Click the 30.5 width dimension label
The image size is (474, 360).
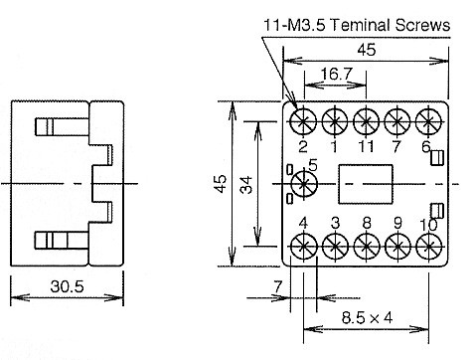[x=68, y=286]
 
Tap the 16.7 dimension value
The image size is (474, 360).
[x=336, y=74]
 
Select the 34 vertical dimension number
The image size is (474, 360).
[x=246, y=185]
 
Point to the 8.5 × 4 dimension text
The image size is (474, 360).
[x=367, y=318]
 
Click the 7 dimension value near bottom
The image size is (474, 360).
[x=278, y=286]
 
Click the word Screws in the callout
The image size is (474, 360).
[x=423, y=25]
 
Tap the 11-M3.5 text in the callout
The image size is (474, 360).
[x=294, y=26]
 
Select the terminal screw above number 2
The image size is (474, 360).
[x=303, y=121]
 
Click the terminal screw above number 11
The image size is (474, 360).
[x=366, y=121]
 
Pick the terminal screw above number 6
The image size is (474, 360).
[x=428, y=121]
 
